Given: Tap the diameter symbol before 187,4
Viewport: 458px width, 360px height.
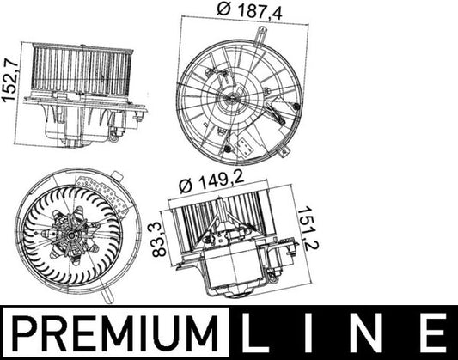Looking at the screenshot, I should [x=223, y=11].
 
